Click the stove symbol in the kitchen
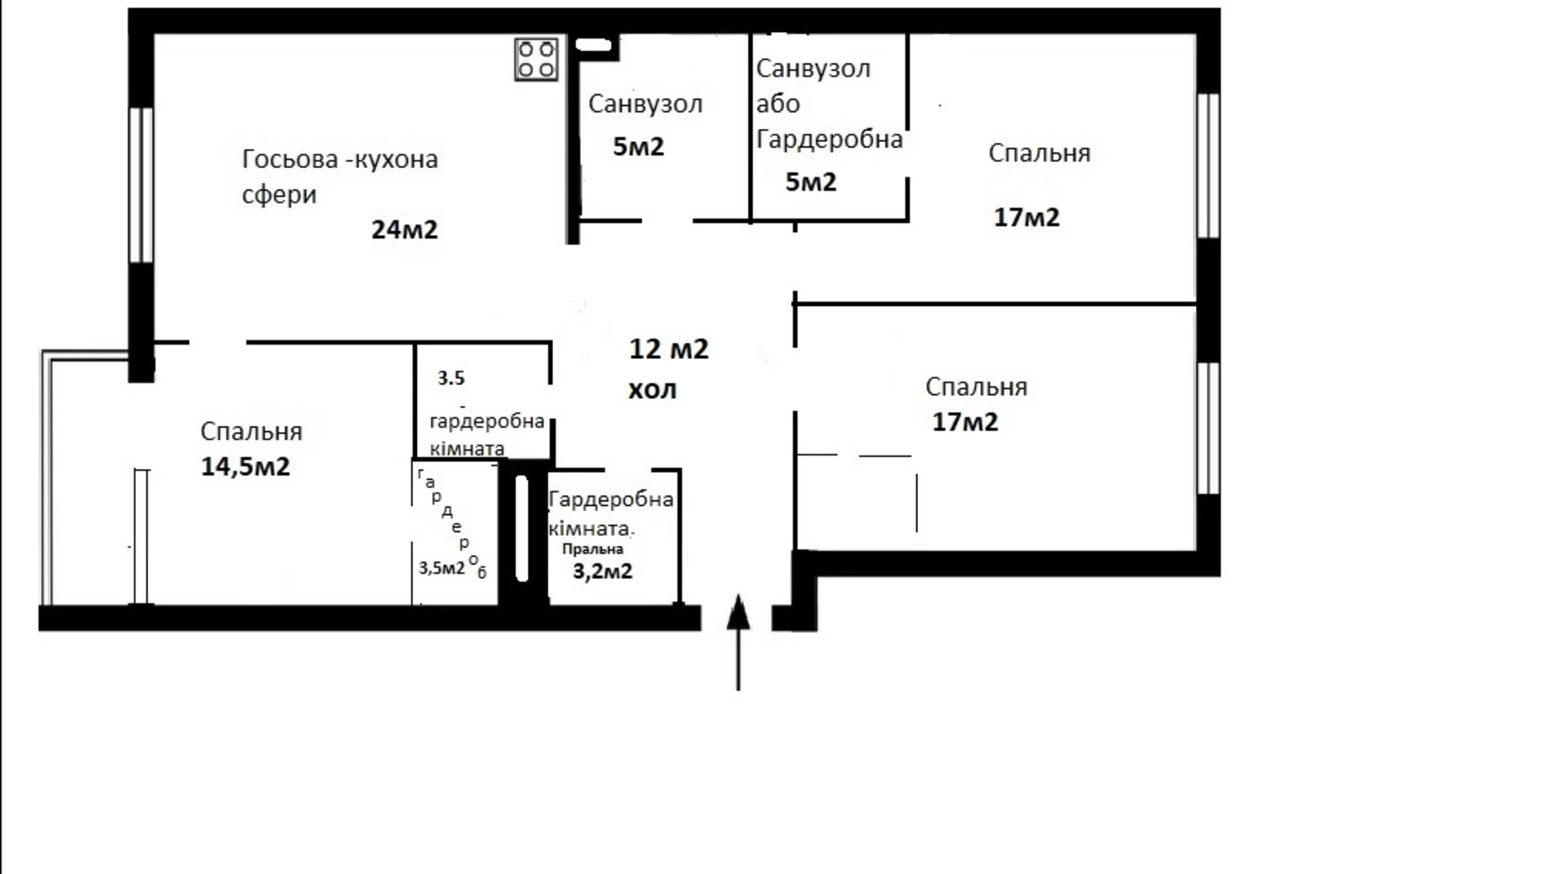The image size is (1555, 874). pyautogui.click(x=536, y=60)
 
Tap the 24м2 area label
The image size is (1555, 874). pyautogui.click(x=404, y=229)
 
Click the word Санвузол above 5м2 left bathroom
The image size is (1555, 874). pyautogui.click(x=645, y=104)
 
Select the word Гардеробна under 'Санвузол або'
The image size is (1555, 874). pyautogui.click(x=829, y=140)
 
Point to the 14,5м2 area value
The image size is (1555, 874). pyautogui.click(x=245, y=466)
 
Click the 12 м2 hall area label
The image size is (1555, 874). pyautogui.click(x=668, y=349)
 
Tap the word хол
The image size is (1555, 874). pyautogui.click(x=652, y=390)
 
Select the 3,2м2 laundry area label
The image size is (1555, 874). pyautogui.click(x=603, y=571)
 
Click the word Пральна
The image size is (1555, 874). pyautogui.click(x=593, y=550)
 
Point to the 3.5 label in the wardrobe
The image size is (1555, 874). pyautogui.click(x=451, y=378)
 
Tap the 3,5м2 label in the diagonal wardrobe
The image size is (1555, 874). pyautogui.click(x=441, y=568)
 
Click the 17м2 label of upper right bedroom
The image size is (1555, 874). pyautogui.click(x=1026, y=218)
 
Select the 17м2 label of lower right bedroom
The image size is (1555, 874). pyautogui.click(x=965, y=422)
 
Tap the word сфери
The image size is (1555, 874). pyautogui.click(x=279, y=195)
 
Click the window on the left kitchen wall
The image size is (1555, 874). pyautogui.click(x=140, y=185)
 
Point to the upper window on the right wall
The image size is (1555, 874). pyautogui.click(x=1208, y=166)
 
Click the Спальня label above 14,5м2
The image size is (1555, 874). pyautogui.click(x=250, y=432)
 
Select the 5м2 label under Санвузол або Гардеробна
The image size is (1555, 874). pyautogui.click(x=810, y=182)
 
